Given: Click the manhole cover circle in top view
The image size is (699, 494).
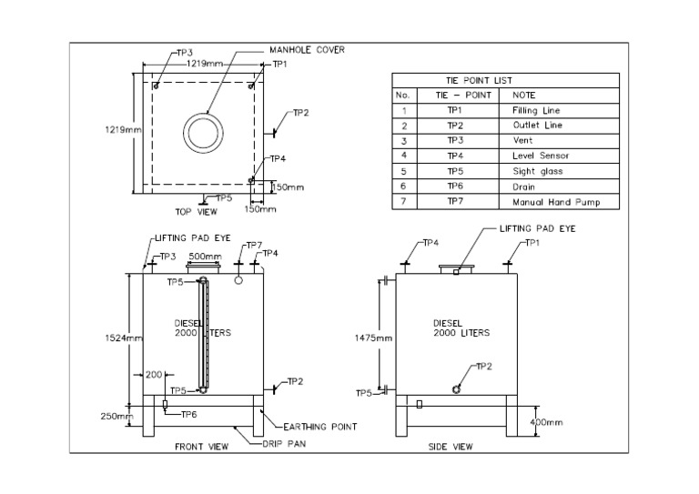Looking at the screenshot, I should point(202,134).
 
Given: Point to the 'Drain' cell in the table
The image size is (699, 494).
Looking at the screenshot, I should point(523,187).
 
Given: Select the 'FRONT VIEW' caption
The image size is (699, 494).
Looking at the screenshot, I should point(199,448).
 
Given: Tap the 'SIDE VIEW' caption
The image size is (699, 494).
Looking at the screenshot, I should point(450,448).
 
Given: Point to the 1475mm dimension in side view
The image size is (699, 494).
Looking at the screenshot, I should point(373,338).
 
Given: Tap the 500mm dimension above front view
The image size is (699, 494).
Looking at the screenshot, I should point(205,257).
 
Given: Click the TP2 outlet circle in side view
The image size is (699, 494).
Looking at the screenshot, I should point(456,388).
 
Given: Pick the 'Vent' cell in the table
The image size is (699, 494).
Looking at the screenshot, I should point(521,141).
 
